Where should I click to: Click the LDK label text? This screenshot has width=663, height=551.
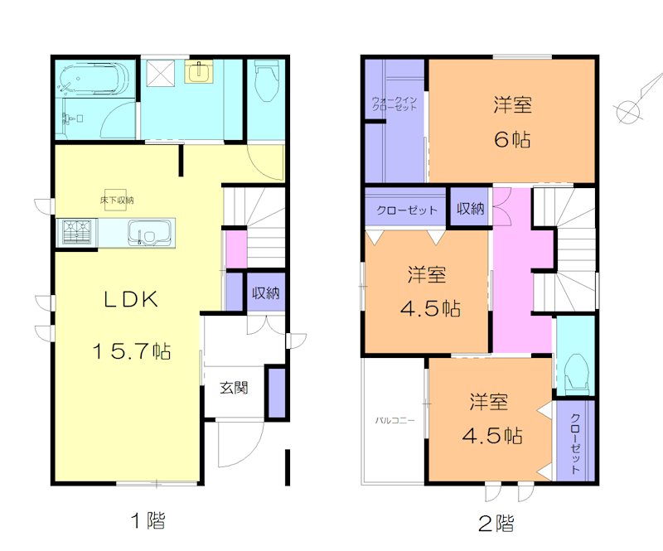(x=130, y=301)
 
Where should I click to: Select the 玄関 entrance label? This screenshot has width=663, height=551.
(x=234, y=387)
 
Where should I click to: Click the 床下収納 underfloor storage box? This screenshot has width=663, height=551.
(x=117, y=200)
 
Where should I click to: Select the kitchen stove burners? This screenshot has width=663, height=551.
(x=76, y=231)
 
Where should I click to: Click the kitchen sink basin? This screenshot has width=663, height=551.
(x=149, y=232)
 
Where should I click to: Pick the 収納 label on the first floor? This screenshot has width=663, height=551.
(x=265, y=293)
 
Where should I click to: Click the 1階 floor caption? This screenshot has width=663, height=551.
(x=147, y=521)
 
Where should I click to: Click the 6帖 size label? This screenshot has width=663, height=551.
(x=512, y=139)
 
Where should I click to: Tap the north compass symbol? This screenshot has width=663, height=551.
(x=628, y=109)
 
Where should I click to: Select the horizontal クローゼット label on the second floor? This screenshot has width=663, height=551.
(x=407, y=210)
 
